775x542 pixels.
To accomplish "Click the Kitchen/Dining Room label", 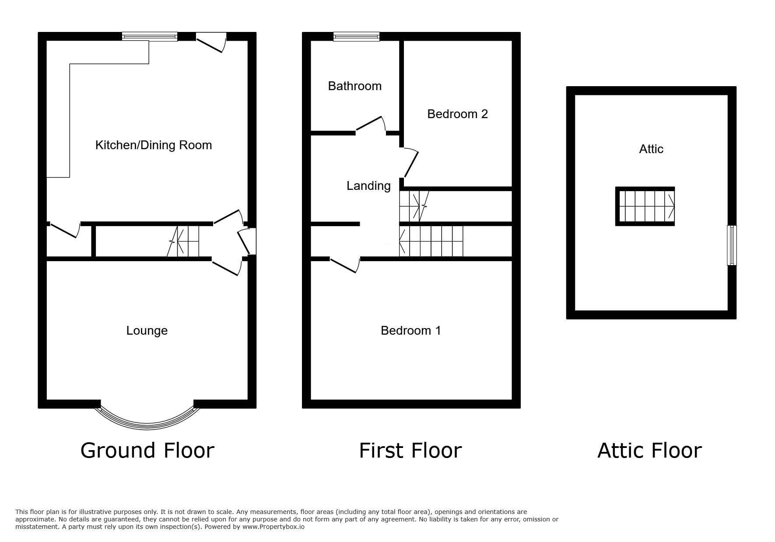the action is pyautogui.click(x=154, y=145).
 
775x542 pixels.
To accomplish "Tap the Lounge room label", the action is pyautogui.click(x=147, y=331).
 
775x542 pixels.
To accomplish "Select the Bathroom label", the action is pyautogui.click(x=355, y=86).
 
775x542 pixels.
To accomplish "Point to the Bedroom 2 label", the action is pyautogui.click(x=457, y=114).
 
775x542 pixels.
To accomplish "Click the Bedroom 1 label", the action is pyautogui.click(x=411, y=331).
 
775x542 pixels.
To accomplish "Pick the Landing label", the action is pyautogui.click(x=368, y=186).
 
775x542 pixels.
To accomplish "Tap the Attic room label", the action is pyautogui.click(x=651, y=149).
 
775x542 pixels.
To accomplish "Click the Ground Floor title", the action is pyautogui.click(x=147, y=451).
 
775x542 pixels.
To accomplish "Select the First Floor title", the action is pyautogui.click(x=410, y=451).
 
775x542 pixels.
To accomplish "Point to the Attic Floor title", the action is pyautogui.click(x=649, y=451).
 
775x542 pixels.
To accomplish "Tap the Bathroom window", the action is pyautogui.click(x=356, y=37).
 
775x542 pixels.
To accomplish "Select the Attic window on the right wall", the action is pyautogui.click(x=732, y=245).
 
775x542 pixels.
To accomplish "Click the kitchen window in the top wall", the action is pyautogui.click(x=150, y=37).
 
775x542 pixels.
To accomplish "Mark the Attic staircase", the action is pyautogui.click(x=645, y=206).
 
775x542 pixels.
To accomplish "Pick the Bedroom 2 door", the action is pyautogui.click(x=410, y=162).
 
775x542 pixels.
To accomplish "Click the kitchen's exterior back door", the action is pyautogui.click(x=211, y=44).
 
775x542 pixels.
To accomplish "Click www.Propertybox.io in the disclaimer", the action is pyautogui.click(x=274, y=527).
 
